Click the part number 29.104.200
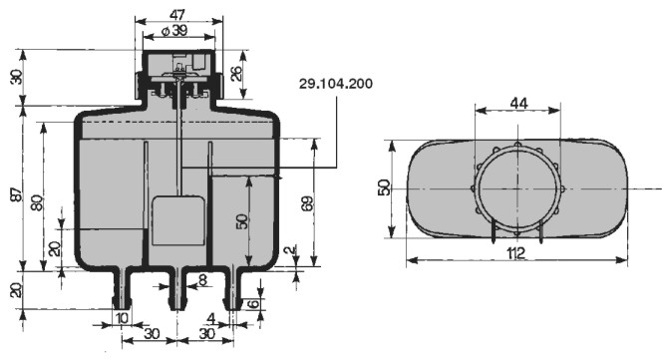pyautogui.click(x=336, y=84)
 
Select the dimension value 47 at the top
pyautogui.click(x=177, y=15)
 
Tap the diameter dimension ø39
pyautogui.click(x=174, y=31)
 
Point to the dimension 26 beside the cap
pyautogui.click(x=237, y=73)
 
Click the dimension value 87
pyautogui.click(x=17, y=195)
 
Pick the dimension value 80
pyautogui.click(x=37, y=202)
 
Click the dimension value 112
pyautogui.click(x=515, y=253)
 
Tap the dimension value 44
pyautogui.click(x=518, y=103)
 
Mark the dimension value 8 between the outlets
pyautogui.click(x=202, y=279)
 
